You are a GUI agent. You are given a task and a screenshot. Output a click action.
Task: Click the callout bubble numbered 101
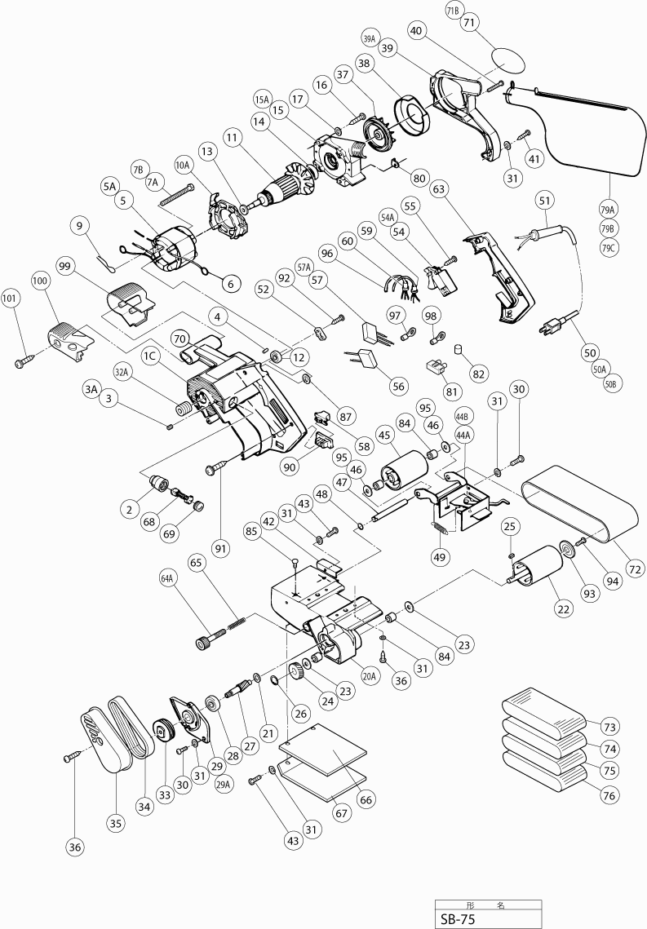[14, 296]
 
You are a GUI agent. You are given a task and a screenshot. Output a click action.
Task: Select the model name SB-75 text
[457, 918]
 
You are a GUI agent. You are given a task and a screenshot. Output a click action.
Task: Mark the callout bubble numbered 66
[366, 799]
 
